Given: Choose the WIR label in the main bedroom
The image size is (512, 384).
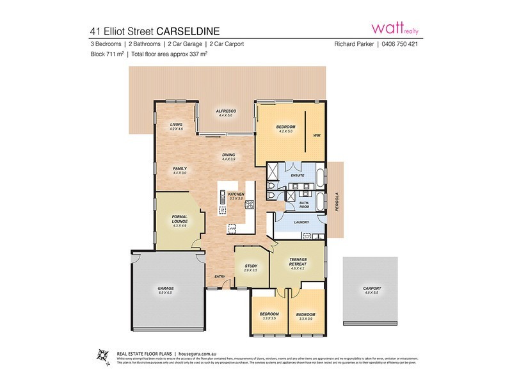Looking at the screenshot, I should (316, 136).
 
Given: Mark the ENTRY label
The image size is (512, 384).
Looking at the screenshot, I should (220, 276).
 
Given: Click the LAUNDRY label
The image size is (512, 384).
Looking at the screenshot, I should (301, 223).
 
